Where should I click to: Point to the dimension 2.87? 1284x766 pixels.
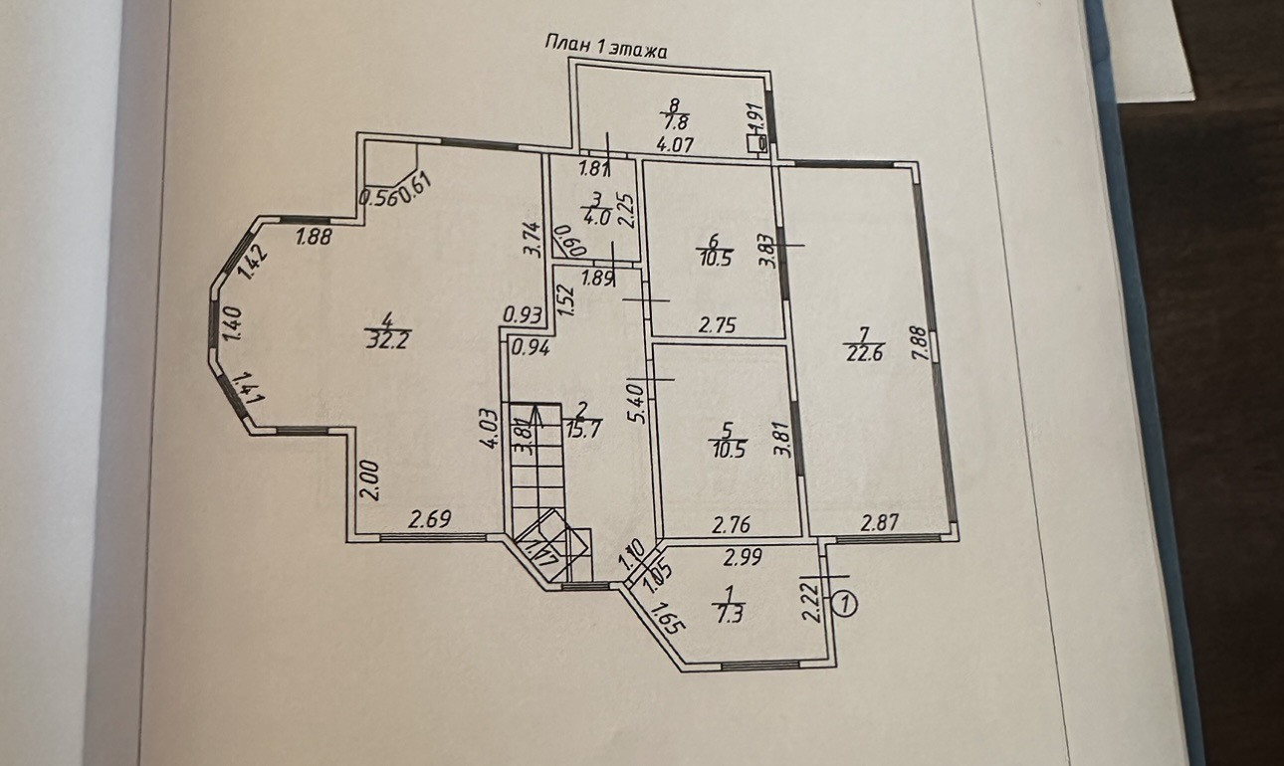tap(882, 521)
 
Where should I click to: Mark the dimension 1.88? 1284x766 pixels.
tap(315, 237)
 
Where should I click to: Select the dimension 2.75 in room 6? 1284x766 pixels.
tap(717, 324)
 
